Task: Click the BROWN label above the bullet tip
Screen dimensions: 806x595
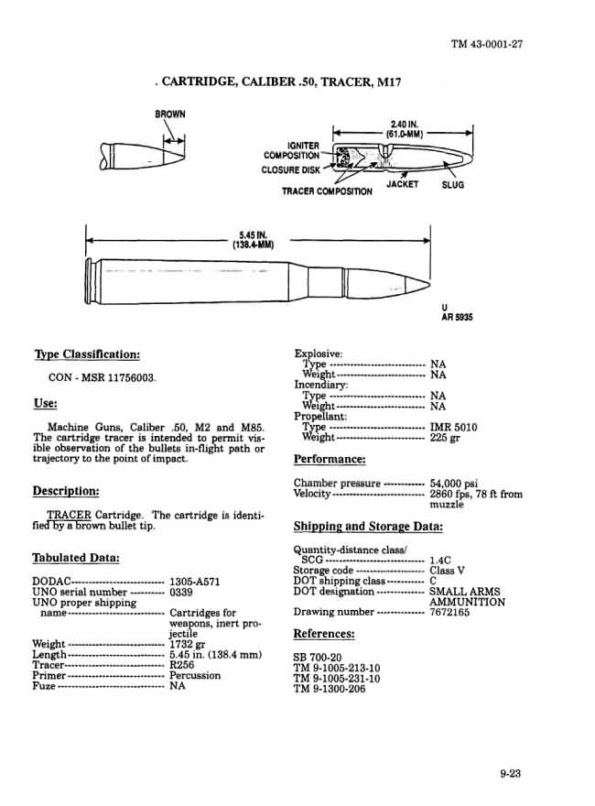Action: tap(169, 114)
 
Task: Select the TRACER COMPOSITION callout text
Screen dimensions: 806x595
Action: tap(327, 191)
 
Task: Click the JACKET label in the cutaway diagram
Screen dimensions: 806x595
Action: tap(403, 184)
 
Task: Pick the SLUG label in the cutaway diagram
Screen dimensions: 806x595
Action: tap(452, 185)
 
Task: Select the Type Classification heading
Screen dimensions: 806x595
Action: tap(87, 354)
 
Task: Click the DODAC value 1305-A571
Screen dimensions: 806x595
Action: tap(195, 581)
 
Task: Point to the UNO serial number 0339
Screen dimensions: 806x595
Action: tap(182, 592)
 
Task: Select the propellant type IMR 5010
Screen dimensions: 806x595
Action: tap(453, 427)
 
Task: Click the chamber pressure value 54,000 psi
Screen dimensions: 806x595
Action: tap(453, 483)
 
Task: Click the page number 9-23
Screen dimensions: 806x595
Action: tap(510, 774)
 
